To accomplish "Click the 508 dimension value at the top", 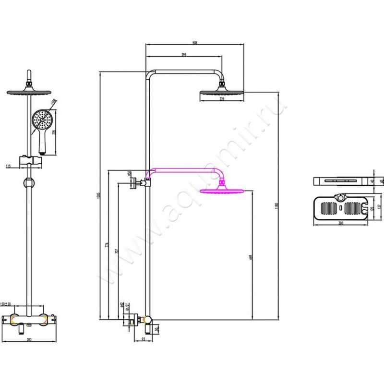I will click(x=195, y=43).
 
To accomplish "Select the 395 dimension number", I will click(x=184, y=55).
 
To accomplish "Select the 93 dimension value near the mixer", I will click(x=143, y=340).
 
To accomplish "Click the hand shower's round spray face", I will click(x=41, y=119).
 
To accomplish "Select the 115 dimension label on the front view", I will click(x=8, y=166).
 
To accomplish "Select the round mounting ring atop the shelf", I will click(x=340, y=197).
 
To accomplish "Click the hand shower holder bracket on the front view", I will click(x=30, y=160).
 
